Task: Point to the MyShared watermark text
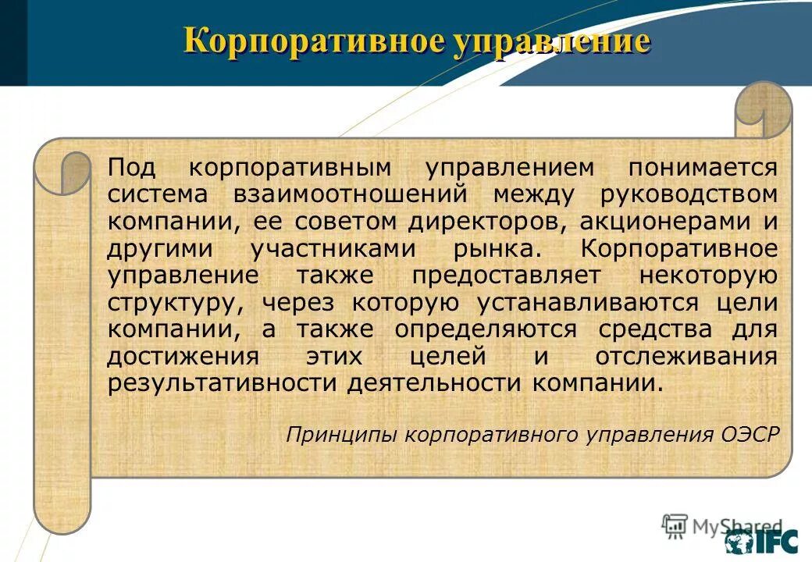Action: tap(737, 527)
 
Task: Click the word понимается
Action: tap(706, 168)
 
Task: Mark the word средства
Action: tap(655, 330)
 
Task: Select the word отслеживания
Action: tap(686, 357)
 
